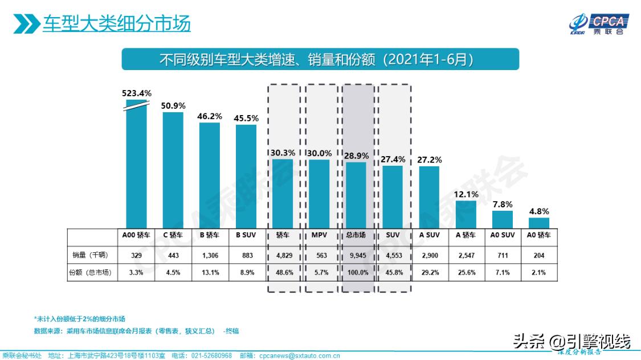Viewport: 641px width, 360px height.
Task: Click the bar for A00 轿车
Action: click(x=136, y=165)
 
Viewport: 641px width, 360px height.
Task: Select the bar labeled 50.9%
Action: click(x=173, y=170)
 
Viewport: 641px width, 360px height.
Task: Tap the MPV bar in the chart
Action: click(x=319, y=194)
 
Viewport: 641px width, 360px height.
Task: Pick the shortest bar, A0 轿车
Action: click(x=538, y=223)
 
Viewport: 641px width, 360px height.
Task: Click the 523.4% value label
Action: click(x=136, y=93)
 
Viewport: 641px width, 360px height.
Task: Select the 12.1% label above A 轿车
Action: click(x=466, y=194)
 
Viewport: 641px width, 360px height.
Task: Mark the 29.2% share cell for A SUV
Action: click(x=429, y=272)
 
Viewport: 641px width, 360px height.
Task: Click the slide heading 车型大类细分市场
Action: click(x=117, y=24)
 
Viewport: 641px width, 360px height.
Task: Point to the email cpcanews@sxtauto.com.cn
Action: click(x=297, y=355)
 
